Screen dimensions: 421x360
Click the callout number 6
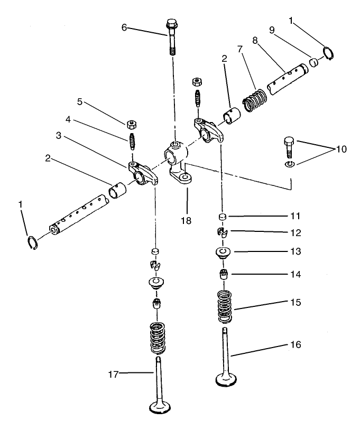pyautogui.click(x=124, y=27)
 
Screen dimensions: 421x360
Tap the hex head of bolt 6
pyautogui.click(x=171, y=24)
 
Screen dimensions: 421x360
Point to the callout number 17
pyautogui.click(x=113, y=374)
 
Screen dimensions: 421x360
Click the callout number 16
pyautogui.click(x=296, y=344)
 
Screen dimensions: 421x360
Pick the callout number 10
pyautogui.click(x=341, y=149)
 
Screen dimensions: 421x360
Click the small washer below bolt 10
pyautogui.click(x=288, y=165)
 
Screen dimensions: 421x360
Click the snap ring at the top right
pyautogui.click(x=328, y=53)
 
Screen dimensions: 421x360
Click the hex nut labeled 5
pyautogui.click(x=131, y=125)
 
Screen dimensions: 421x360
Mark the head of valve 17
pyautogui.click(x=160, y=408)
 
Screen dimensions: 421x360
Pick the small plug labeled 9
pyautogui.click(x=313, y=63)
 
